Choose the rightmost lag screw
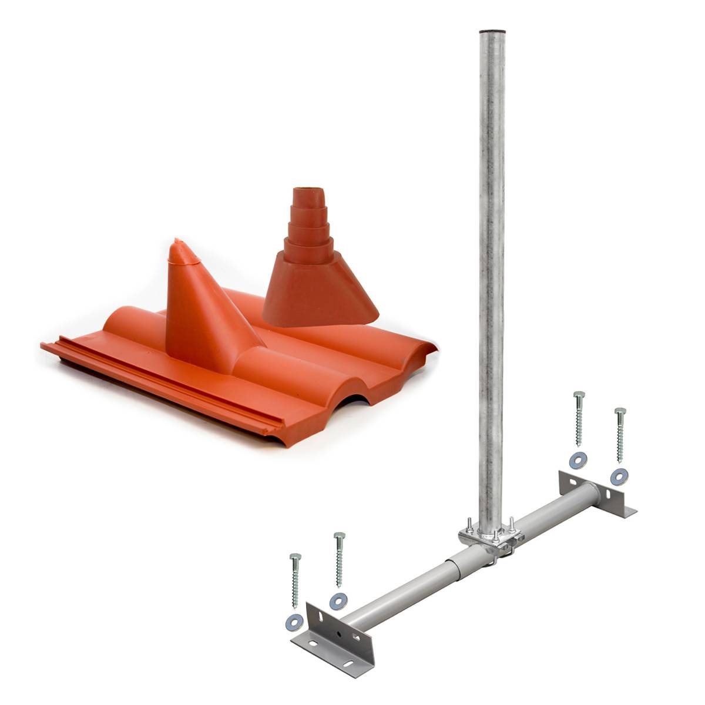tap(620, 435)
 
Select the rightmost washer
tap(618, 476)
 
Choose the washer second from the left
tap(338, 600)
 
